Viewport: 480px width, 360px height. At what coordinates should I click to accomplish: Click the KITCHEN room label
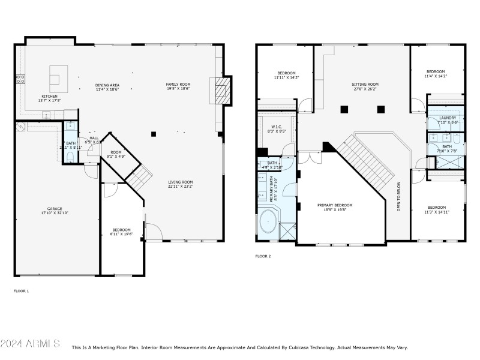49,96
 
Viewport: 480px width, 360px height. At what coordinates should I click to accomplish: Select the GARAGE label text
55,209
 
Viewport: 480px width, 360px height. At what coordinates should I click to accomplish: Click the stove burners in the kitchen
20,78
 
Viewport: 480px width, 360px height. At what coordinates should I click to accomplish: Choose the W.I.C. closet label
277,127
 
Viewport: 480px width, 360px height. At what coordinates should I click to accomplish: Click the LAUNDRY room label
448,118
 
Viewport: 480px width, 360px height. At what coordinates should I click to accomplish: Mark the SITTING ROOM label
365,85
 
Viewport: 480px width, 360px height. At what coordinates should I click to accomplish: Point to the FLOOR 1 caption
21,291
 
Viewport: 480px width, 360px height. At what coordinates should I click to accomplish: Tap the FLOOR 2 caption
263,256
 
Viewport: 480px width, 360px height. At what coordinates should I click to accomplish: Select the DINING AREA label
107,85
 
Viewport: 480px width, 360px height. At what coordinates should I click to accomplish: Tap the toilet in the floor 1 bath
70,157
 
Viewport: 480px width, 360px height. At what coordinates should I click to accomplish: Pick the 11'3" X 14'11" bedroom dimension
436,212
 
